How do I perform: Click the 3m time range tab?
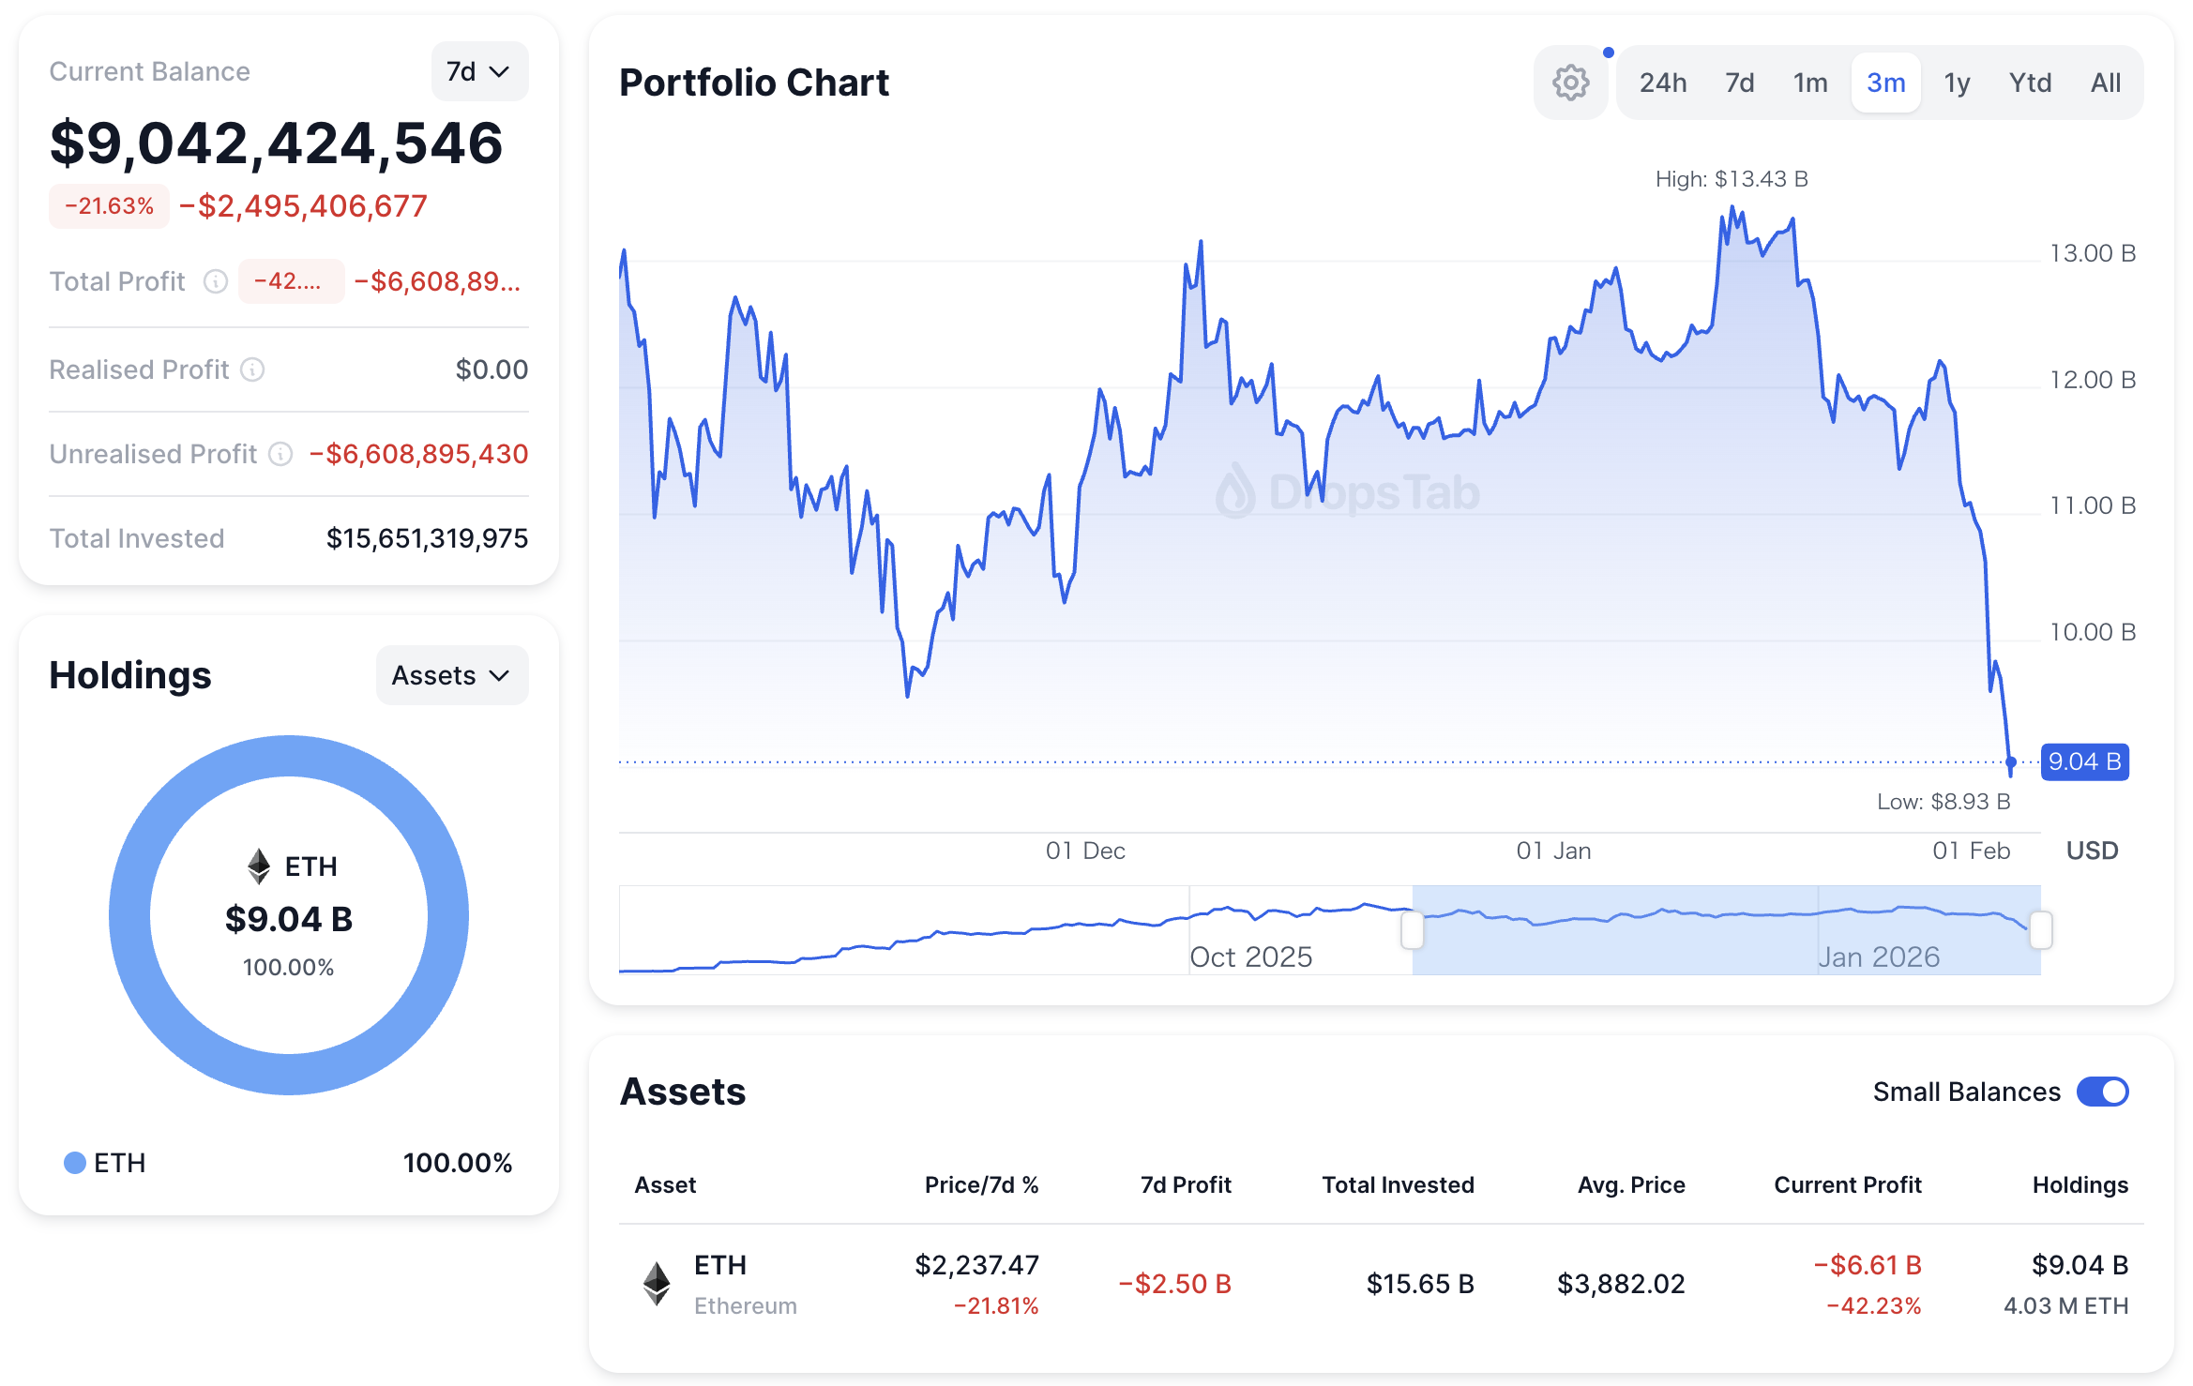pyautogui.click(x=1885, y=83)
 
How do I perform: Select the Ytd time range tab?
pyautogui.click(x=2030, y=83)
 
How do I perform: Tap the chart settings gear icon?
pyautogui.click(x=1570, y=83)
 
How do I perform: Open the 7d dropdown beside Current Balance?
pyautogui.click(x=478, y=71)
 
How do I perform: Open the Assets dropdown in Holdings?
pyautogui.click(x=451, y=675)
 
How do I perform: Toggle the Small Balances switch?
pyautogui.click(x=2102, y=1092)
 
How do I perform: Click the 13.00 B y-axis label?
pyautogui.click(x=2092, y=253)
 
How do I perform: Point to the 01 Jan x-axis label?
pyautogui.click(x=1553, y=851)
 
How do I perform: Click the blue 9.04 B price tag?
pyautogui.click(x=2084, y=761)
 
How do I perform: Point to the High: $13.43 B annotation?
pyautogui.click(x=1732, y=179)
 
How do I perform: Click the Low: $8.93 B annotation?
pyautogui.click(x=1943, y=802)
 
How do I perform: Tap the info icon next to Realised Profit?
pyautogui.click(x=252, y=369)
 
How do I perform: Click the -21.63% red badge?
pyautogui.click(x=109, y=206)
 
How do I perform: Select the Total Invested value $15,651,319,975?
pyautogui.click(x=427, y=538)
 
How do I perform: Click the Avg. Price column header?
pyautogui.click(x=1630, y=1185)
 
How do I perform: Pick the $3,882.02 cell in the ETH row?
pyautogui.click(x=1621, y=1284)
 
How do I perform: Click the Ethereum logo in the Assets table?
pyautogui.click(x=657, y=1284)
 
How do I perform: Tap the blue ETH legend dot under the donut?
pyautogui.click(x=75, y=1163)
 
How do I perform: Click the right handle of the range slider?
pyautogui.click(x=2040, y=930)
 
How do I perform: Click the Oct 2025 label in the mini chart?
pyautogui.click(x=1250, y=957)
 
